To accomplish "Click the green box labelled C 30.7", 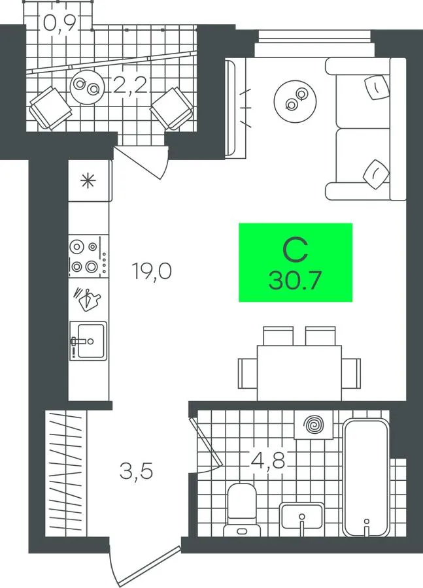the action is click(296, 262).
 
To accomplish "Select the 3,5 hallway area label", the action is click(136, 471).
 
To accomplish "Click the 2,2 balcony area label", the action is click(129, 86).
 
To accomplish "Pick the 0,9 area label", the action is click(60, 24).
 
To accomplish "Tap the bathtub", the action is click(366, 478).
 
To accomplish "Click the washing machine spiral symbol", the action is click(314, 425).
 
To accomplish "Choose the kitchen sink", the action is click(88, 341).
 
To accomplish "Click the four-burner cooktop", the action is click(88, 257).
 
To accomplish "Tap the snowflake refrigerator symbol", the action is click(88, 182).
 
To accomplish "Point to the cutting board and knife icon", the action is click(87, 299).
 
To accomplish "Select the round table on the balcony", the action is click(87, 87).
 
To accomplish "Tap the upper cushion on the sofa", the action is click(377, 87).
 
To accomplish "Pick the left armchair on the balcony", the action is click(50, 108).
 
